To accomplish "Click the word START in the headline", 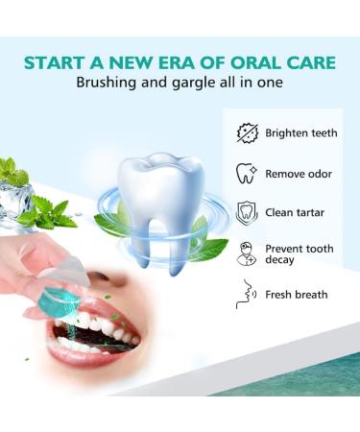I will pyautogui.click(x=56, y=63).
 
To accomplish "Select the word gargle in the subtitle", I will pyautogui.click(x=204, y=84).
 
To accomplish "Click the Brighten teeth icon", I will pyautogui.click(x=247, y=132).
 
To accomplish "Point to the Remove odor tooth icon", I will pyautogui.click(x=247, y=173).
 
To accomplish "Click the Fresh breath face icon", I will pyautogui.click(x=246, y=295).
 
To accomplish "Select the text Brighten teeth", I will pyautogui.click(x=300, y=132).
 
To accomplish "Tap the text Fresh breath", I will pyautogui.click(x=297, y=295).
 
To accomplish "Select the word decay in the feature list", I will pyautogui.click(x=281, y=260).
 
